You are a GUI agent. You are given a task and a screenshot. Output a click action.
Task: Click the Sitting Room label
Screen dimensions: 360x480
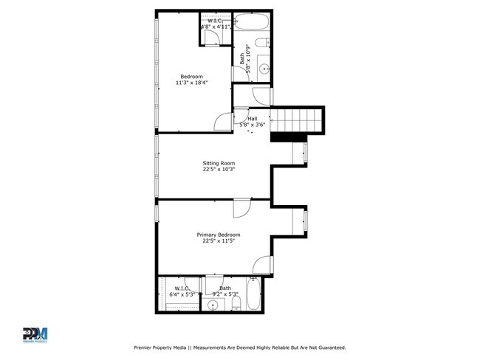tap(219, 163)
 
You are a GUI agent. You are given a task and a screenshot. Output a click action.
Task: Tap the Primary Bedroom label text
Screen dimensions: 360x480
tap(218, 235)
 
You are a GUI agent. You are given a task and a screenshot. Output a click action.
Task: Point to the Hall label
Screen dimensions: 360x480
tap(253, 119)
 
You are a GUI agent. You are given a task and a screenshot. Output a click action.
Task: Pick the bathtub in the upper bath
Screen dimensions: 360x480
tap(260, 22)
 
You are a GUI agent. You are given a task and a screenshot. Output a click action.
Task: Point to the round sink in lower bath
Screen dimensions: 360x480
tap(213, 305)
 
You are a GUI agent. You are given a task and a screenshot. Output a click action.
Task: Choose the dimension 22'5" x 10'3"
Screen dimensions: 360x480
tap(219, 170)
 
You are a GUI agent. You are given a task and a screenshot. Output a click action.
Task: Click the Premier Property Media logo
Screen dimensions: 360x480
tap(35, 335)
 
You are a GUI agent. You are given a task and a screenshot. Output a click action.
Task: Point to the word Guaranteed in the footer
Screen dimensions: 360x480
tap(327, 347)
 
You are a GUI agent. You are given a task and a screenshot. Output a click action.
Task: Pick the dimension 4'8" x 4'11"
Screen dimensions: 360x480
tap(216, 27)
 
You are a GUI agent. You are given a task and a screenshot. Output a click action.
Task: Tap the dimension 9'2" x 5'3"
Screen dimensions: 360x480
tap(224, 294)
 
